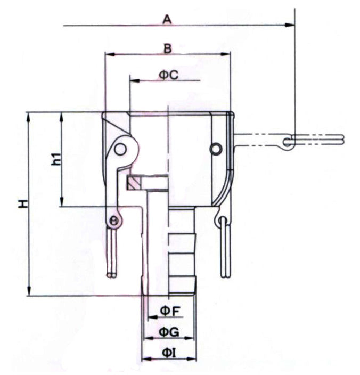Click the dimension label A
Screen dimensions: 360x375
pos(167,20)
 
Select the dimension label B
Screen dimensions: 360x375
pos(168,49)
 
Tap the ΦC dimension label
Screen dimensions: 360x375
pos(169,75)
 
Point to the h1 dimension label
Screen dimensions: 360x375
pos(56,159)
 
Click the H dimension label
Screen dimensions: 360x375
pos(23,204)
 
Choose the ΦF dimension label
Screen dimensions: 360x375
pos(170,312)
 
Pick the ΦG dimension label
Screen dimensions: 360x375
pos(169,332)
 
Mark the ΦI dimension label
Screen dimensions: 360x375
pos(169,353)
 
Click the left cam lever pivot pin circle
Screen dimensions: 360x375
pos(120,149)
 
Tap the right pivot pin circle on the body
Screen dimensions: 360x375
pos(216,149)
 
